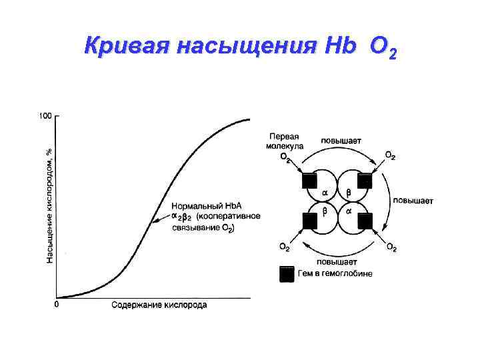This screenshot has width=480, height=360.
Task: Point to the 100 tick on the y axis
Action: click(x=45, y=116)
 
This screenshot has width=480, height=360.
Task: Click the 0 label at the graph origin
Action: click(x=56, y=305)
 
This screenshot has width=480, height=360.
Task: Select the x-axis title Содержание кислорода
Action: click(x=159, y=305)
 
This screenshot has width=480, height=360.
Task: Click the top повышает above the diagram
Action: click(x=341, y=140)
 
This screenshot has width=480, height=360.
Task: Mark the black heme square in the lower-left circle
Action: click(x=308, y=220)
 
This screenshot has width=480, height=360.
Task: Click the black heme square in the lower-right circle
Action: click(x=365, y=220)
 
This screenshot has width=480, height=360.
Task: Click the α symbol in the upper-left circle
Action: click(x=325, y=192)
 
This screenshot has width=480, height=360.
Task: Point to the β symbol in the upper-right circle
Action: click(x=347, y=192)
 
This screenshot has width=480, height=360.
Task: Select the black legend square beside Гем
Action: click(x=287, y=274)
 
